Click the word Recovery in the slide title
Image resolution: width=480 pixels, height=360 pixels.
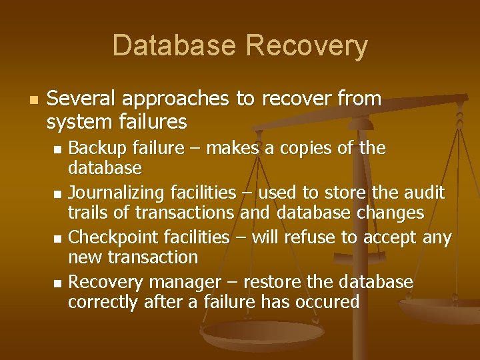[306, 45]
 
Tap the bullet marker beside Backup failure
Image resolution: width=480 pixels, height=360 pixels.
[57, 148]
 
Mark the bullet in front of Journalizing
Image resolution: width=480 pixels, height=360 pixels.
[57, 194]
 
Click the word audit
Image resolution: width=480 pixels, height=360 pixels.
[425, 193]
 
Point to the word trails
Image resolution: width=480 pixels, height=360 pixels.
[89, 213]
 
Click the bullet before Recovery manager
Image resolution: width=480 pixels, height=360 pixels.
[57, 284]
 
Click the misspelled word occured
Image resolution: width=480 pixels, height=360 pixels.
[329, 302]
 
